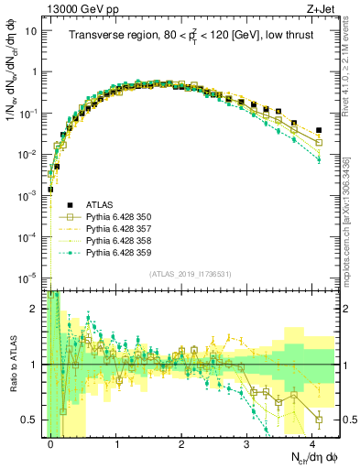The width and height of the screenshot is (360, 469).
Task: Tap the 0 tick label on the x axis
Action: (51, 442)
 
